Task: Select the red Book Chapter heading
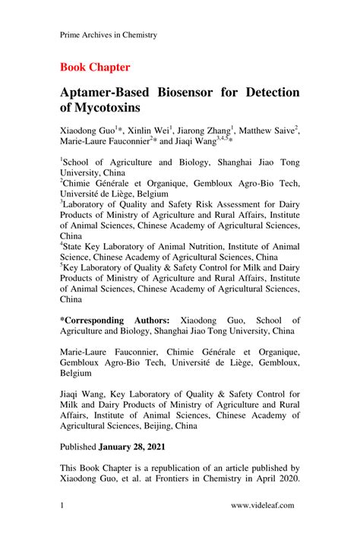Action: click(95, 67)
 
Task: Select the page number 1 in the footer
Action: click(62, 504)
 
